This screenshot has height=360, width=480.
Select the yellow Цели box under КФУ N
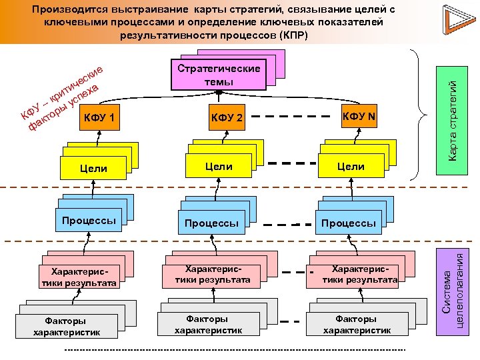click(x=351, y=167)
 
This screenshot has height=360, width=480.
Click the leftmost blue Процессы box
click(x=89, y=221)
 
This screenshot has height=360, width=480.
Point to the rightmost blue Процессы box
click(x=348, y=223)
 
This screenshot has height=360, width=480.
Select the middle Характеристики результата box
click(x=213, y=274)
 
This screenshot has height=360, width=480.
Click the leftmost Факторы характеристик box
click(x=67, y=326)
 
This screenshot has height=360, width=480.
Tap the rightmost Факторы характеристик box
click(x=357, y=324)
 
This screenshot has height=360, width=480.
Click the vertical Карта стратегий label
click(x=453, y=119)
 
